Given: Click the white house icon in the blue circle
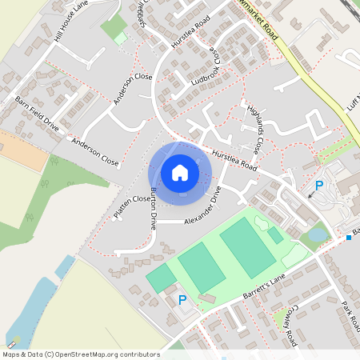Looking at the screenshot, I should point(180,173).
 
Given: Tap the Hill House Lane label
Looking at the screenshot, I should point(71,22).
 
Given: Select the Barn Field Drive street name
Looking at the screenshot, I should point(37,114).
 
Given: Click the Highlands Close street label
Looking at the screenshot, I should point(254,130).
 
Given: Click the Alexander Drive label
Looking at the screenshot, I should point(202,210).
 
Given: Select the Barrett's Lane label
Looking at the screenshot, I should point(264,289).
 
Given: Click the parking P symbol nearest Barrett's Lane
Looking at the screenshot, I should point(182,300).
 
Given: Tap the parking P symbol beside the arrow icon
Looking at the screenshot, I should point(319,186).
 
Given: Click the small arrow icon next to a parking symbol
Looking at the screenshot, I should point(310,194).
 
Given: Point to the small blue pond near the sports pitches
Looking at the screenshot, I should point(317,234).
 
